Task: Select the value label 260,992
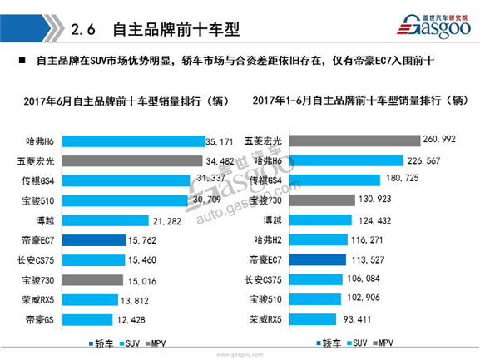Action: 442,139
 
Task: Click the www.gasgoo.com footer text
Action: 240,353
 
